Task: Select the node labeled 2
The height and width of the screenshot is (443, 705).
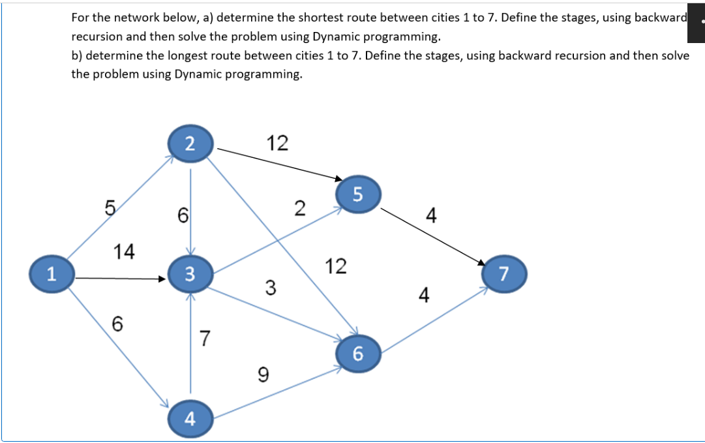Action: coord(190,143)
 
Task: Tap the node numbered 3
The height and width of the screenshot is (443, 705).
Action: coord(190,274)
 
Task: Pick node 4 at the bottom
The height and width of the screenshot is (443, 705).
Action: coord(190,418)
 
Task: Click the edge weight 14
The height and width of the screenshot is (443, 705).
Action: coord(124,251)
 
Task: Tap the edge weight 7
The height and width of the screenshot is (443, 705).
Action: coord(205,339)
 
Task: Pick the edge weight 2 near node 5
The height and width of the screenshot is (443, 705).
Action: coord(299,209)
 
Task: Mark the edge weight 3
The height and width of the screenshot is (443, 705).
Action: coord(270,286)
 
